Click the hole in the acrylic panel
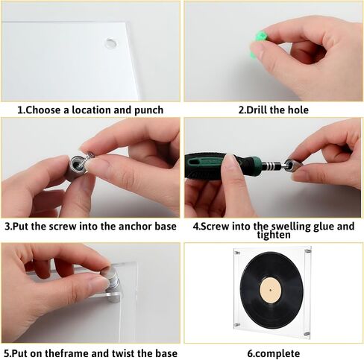click(111, 43)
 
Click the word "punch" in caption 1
click(149, 110)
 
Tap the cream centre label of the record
click(271, 290)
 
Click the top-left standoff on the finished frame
click(237, 253)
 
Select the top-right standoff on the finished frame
click(308, 251)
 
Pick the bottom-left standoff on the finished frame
click(236, 325)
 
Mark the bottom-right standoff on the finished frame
click(307, 334)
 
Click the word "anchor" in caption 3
click(135, 227)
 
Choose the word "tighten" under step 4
click(274, 235)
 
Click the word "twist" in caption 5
click(125, 353)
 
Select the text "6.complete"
click(274, 353)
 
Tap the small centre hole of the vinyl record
click(271, 290)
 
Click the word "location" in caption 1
click(91, 110)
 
